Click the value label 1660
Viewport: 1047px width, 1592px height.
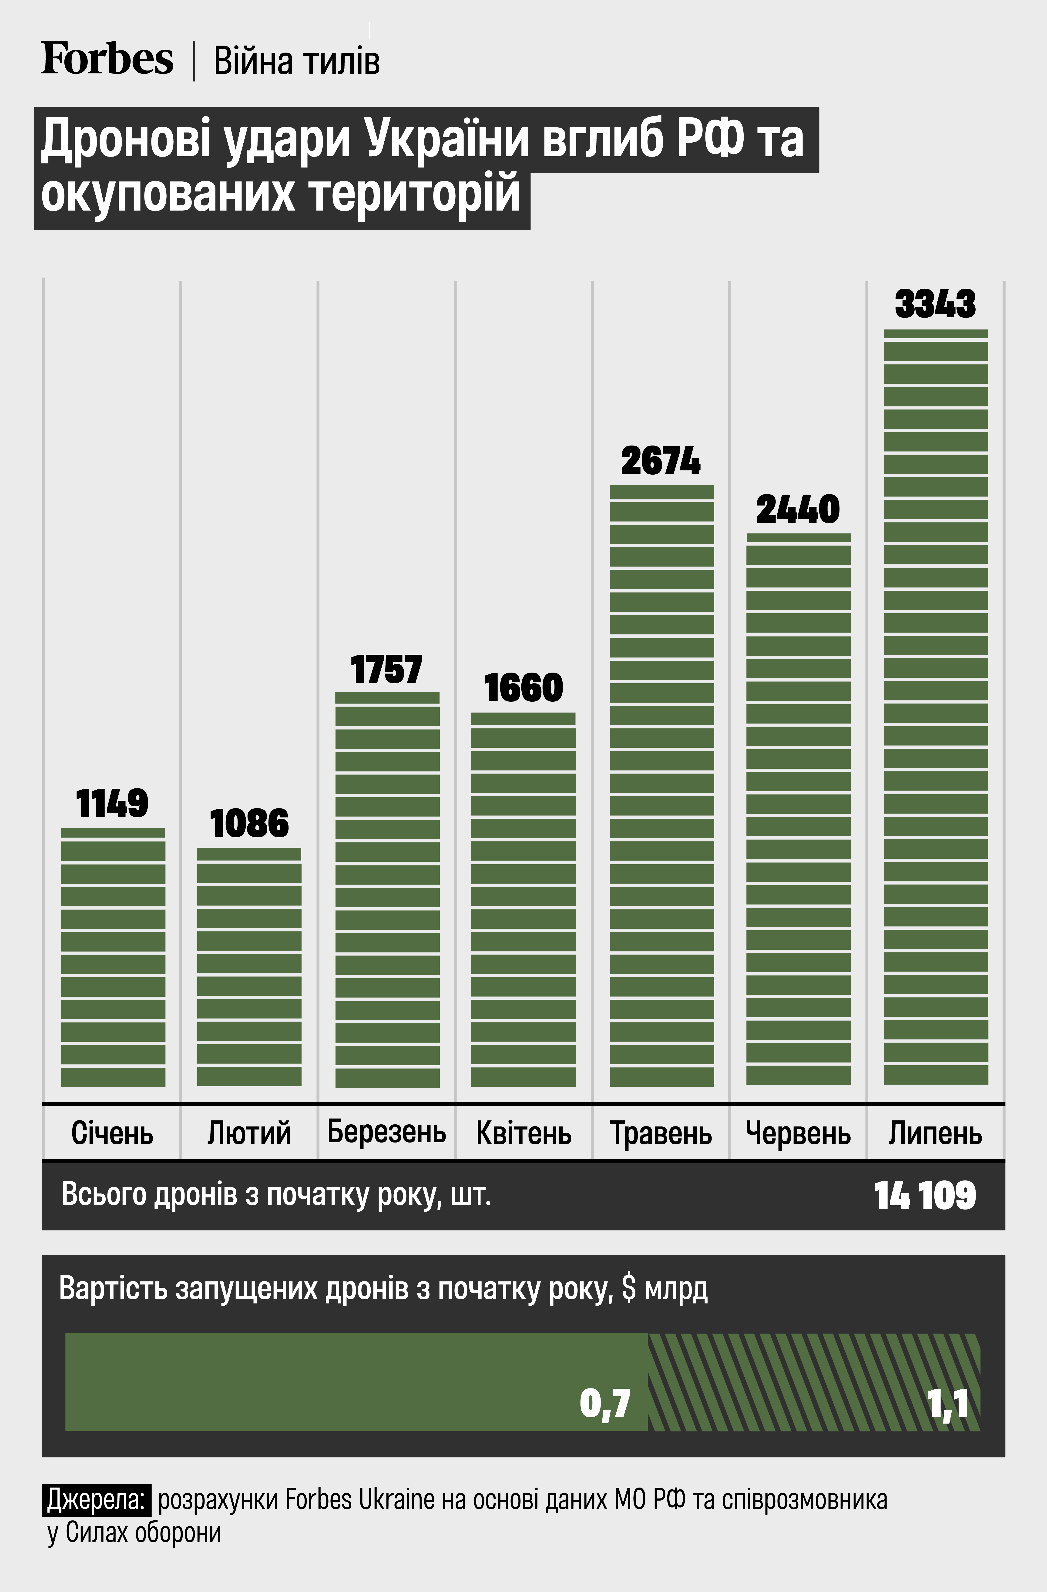523,688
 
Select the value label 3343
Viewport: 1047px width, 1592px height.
935,304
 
